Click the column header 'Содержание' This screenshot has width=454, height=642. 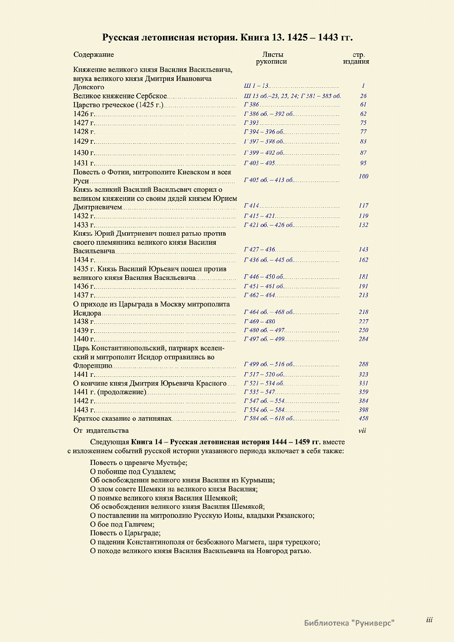[93, 54]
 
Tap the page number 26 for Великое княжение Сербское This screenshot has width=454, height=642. [363, 96]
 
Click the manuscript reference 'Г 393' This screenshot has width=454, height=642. [252, 123]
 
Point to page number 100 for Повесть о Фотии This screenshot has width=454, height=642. [363, 176]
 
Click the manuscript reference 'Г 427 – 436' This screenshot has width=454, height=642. [260, 250]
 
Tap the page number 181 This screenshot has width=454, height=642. [363, 277]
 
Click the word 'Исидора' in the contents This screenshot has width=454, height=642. [87, 313]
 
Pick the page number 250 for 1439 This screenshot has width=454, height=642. [363, 330]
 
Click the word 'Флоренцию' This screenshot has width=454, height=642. [93, 366]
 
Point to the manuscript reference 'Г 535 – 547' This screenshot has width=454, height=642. [260, 392]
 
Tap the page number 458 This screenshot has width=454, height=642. [363, 418]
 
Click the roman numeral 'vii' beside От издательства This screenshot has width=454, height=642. [362, 431]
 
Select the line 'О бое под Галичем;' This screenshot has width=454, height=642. [122, 524]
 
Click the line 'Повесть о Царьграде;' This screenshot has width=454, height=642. [125, 533]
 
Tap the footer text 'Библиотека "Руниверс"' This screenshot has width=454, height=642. [349, 623]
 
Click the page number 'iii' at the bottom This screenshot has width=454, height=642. [429, 620]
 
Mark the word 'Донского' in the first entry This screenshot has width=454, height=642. [89, 87]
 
